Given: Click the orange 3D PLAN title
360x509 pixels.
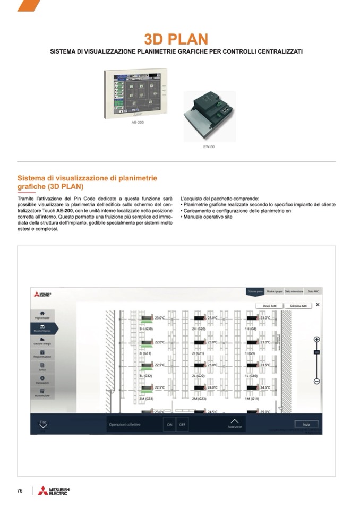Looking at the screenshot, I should tap(176, 39).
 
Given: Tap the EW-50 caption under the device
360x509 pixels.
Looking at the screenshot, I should tap(209, 146).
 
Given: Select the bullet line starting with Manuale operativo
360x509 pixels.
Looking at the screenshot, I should tap(208, 217).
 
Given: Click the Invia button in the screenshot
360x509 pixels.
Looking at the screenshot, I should tap(306, 424).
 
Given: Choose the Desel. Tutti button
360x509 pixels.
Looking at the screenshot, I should tap(270, 306).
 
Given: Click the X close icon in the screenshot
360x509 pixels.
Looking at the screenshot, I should tap(318, 305).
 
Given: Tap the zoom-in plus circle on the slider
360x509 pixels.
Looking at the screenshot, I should tap(316, 339).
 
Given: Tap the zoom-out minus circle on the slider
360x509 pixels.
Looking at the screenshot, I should tap(316, 381).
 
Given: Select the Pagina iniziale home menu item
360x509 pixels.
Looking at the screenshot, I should tap(42, 315).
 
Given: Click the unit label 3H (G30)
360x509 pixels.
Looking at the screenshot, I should tap(146, 329).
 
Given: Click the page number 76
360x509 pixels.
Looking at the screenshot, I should tap(20, 491).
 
